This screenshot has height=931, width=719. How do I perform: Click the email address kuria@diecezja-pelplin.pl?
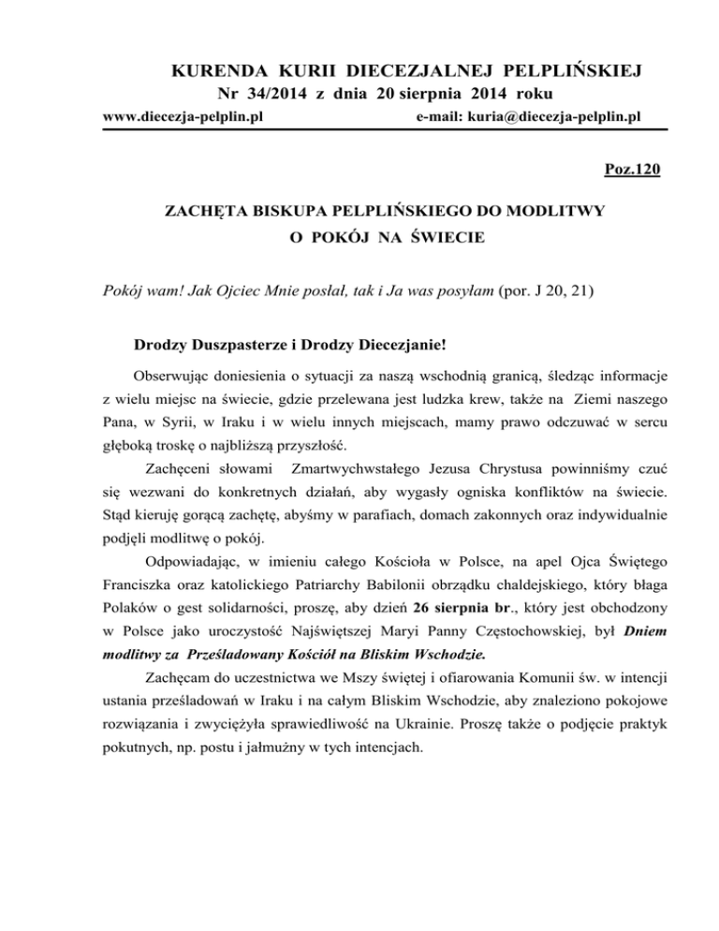[x=527, y=117]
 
